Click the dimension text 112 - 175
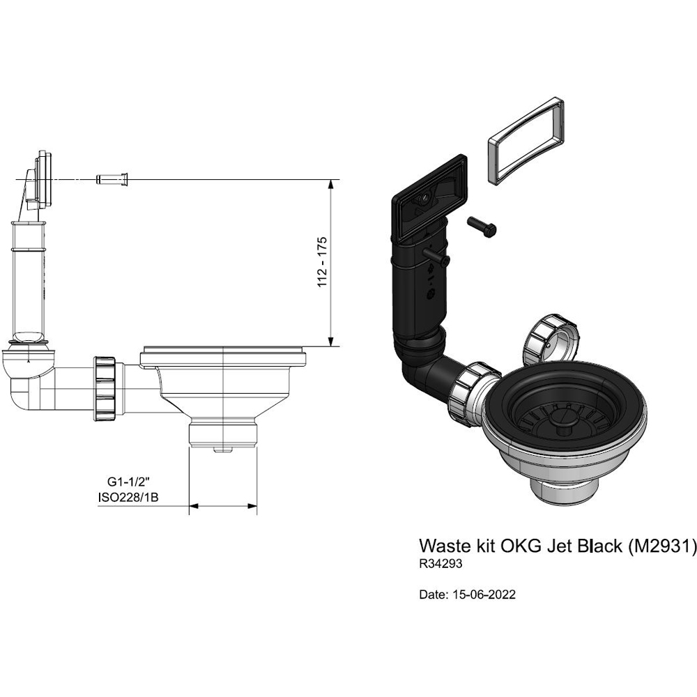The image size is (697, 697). click(x=322, y=262)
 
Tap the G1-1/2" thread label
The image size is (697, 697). click(x=129, y=482)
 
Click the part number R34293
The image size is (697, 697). click(x=441, y=562)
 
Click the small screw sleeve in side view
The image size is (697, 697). click(x=112, y=180)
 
